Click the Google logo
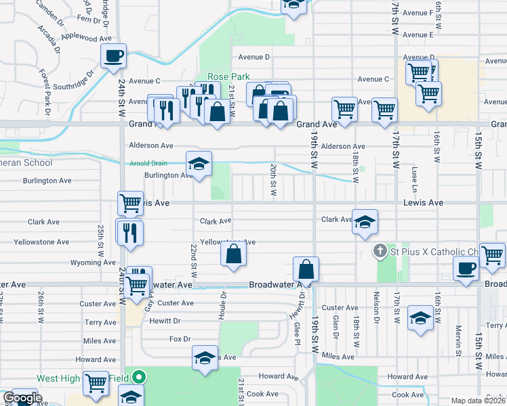[22, 399]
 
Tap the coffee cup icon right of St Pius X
[466, 268]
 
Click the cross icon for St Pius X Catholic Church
[382, 252]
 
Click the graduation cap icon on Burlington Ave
[199, 164]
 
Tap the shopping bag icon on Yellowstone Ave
[233, 255]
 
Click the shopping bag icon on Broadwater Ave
[306, 269]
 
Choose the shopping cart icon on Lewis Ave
[129, 202]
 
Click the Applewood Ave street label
[86, 39]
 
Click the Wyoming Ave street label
[89, 263]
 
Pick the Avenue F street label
[418, 13]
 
